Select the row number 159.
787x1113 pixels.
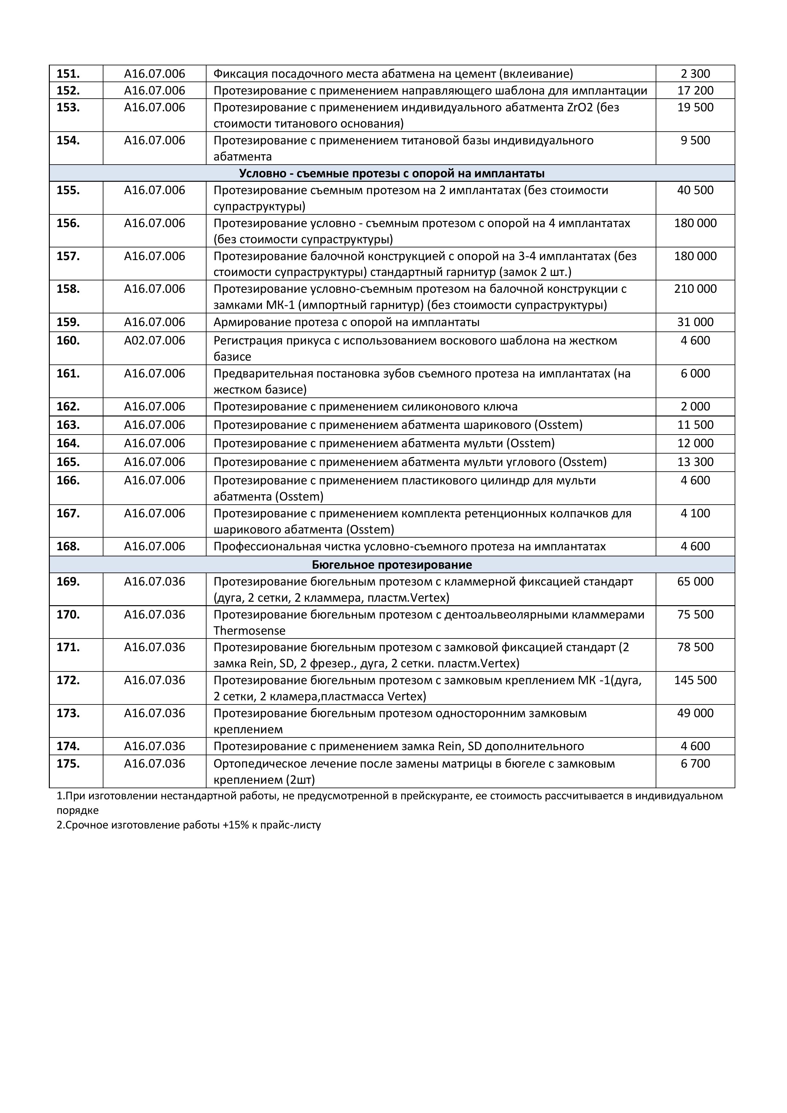[69, 322]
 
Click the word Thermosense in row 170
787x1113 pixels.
[249, 631]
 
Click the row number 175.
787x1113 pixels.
[69, 764]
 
